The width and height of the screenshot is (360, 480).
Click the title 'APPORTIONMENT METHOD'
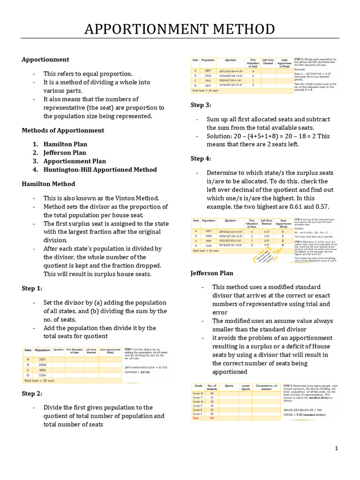click(x=180, y=30)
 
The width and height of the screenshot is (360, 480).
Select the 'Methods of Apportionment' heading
click(x=63, y=130)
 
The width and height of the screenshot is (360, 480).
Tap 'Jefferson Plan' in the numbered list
click(x=65, y=152)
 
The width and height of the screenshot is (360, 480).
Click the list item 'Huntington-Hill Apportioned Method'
click(x=100, y=169)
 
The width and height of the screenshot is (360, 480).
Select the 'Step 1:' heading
click(x=32, y=288)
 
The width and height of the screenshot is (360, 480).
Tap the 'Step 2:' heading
click(x=32, y=393)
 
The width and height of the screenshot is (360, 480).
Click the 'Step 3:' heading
click(x=201, y=105)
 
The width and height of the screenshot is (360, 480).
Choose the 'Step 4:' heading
click(x=201, y=158)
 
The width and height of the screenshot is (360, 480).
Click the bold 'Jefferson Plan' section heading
click(x=212, y=273)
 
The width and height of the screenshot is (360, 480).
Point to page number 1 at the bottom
click(x=336, y=449)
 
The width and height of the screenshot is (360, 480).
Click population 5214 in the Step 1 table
click(x=42, y=375)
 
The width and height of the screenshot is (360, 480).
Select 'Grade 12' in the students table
click(x=198, y=393)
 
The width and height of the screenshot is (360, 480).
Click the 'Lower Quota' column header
click(x=246, y=387)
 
